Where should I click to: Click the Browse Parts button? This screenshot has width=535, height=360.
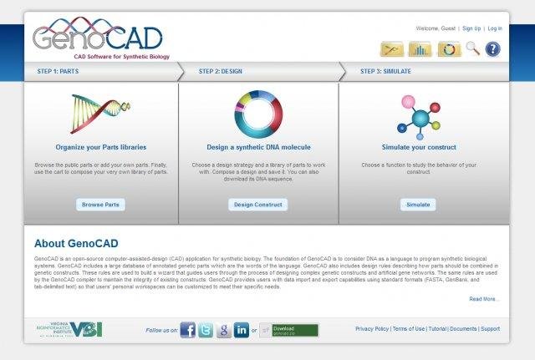tap(100, 204)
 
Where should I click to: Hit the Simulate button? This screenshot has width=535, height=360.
tap(417, 204)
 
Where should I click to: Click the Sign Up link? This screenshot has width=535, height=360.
tap(471, 28)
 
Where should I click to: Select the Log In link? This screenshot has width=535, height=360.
tap(495, 28)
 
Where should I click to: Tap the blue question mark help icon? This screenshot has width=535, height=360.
tap(492, 49)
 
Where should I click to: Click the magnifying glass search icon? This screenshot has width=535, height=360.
tap(472, 49)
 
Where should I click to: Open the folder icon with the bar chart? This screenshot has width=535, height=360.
tap(420, 49)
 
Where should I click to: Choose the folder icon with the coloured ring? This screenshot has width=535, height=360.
tap(449, 49)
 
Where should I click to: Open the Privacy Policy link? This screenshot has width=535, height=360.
tap(371, 329)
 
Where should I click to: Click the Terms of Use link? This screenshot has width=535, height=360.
tap(408, 329)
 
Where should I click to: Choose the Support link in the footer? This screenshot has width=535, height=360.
tap(490, 329)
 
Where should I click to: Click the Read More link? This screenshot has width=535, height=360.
tap(484, 298)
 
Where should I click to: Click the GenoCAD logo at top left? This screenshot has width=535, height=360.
tap(97, 38)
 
